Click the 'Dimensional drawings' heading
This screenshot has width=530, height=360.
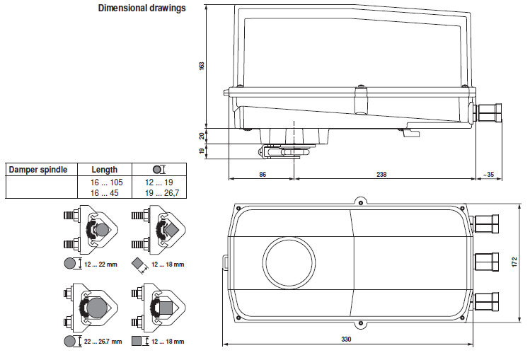point(142,8)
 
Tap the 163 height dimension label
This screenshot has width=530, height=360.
point(201,65)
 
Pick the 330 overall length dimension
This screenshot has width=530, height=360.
point(346,339)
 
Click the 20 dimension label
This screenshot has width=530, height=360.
point(201,134)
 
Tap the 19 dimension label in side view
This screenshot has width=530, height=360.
point(201,151)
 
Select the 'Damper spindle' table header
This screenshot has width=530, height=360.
point(38,170)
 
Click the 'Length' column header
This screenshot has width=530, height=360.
point(105,170)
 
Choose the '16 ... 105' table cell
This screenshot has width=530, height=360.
point(105,182)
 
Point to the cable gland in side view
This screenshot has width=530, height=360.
point(488,113)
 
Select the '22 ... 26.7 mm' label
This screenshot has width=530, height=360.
point(103,342)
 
